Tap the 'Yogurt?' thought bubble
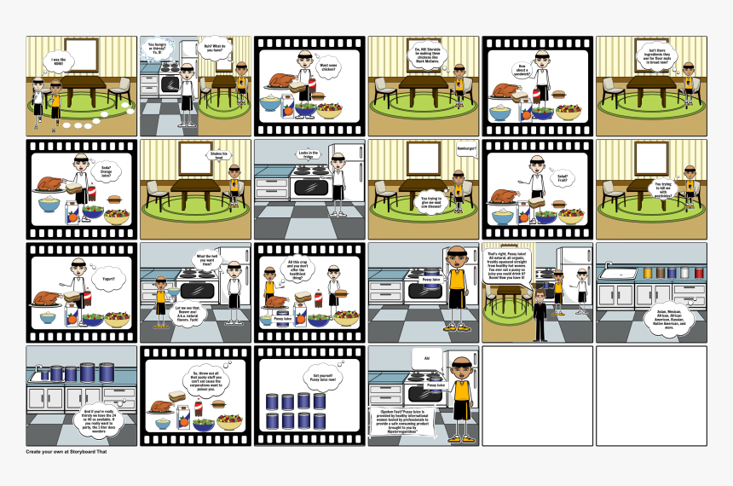click(107, 277)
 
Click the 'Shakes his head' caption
click(219, 154)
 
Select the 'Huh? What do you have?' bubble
click(214, 49)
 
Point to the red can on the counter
click(699, 272)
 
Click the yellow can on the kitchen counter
click(658, 272)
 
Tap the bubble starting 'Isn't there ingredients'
click(652, 57)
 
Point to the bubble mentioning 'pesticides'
click(662, 188)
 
